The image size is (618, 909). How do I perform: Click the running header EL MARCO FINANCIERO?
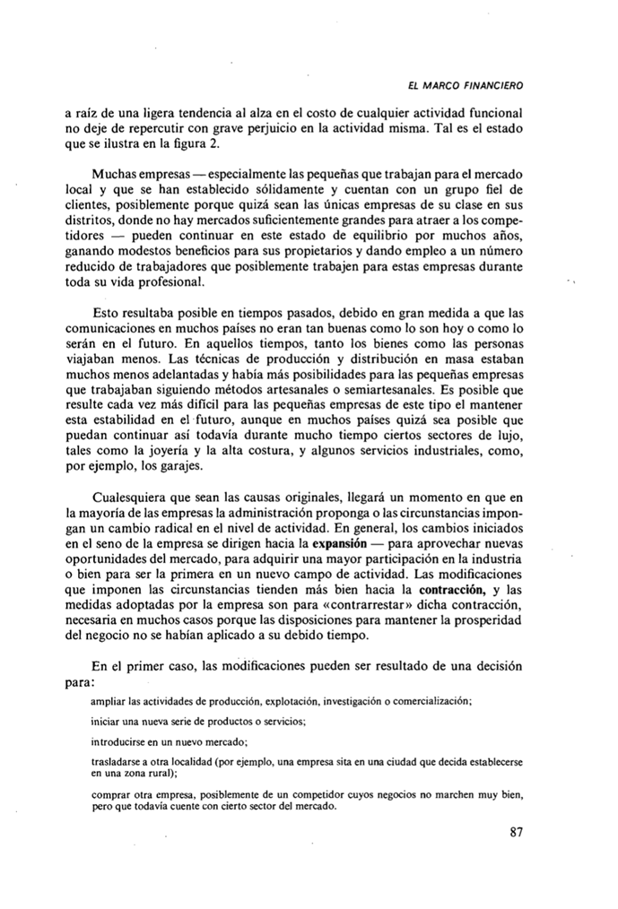coord(465,85)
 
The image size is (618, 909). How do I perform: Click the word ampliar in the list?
coord(110,700)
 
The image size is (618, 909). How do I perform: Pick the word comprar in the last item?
coord(112,794)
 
